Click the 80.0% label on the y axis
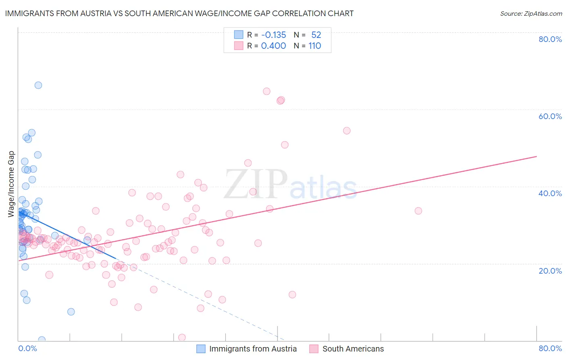[550, 39]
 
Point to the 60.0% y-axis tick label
[550, 116]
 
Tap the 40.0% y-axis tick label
[550, 193]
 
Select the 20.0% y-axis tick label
[550, 271]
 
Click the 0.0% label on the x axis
[27, 349]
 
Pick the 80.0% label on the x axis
[550, 349]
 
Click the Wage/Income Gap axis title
[11, 184]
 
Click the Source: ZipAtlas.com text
[531, 14]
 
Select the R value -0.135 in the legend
[273, 35]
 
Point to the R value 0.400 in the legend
[273, 46]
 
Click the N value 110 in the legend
[315, 46]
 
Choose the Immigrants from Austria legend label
[253, 349]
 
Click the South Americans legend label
[353, 349]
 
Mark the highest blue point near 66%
[38, 85]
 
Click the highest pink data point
[267, 91]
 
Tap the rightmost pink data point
[418, 211]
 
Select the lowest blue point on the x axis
[42, 340]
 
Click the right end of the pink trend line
[536, 156]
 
